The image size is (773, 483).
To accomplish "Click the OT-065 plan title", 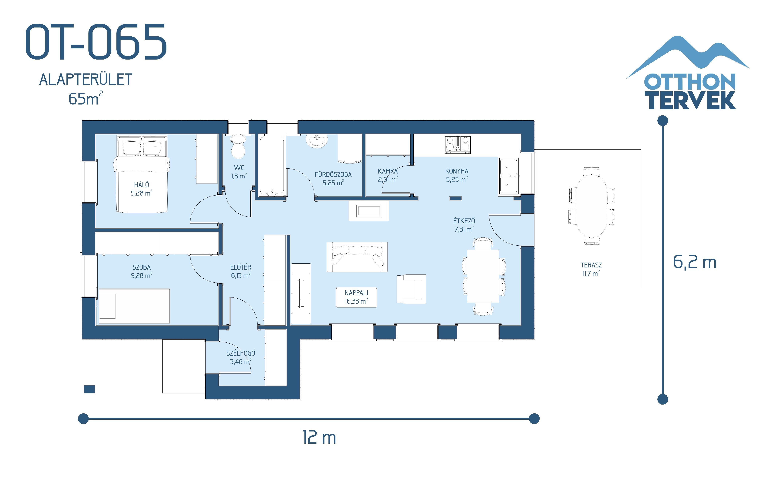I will [96, 42].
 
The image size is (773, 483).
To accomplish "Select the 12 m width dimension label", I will [319, 438].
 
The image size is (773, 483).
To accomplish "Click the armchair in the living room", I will [411, 289].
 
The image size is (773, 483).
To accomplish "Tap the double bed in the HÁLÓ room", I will [141, 174].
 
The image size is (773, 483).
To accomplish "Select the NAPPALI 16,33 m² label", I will [356, 297].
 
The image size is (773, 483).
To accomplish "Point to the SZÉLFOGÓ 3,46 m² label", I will [241, 357].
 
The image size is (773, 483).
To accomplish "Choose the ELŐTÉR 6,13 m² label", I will [241, 271].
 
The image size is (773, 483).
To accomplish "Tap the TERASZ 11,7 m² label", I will [591, 269].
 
